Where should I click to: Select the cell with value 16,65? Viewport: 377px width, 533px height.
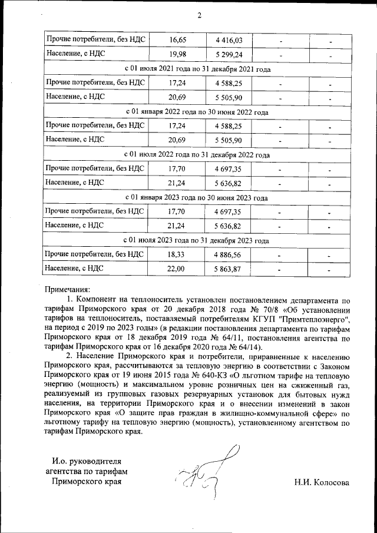(x=177, y=40)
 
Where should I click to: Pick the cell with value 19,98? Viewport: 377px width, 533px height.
(x=177, y=55)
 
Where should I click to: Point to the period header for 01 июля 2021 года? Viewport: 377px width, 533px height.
(x=197, y=69)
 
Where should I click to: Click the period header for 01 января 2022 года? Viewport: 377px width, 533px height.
(x=197, y=112)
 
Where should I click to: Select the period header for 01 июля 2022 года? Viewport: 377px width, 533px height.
(x=197, y=155)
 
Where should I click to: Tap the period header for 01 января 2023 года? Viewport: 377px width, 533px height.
(x=197, y=198)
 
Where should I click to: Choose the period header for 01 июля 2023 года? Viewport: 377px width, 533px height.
(x=197, y=240)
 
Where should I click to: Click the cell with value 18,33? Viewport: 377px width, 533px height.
(x=177, y=254)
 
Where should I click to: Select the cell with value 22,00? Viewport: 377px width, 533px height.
(x=177, y=269)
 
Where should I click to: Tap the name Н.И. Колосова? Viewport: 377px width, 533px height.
(x=322, y=482)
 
